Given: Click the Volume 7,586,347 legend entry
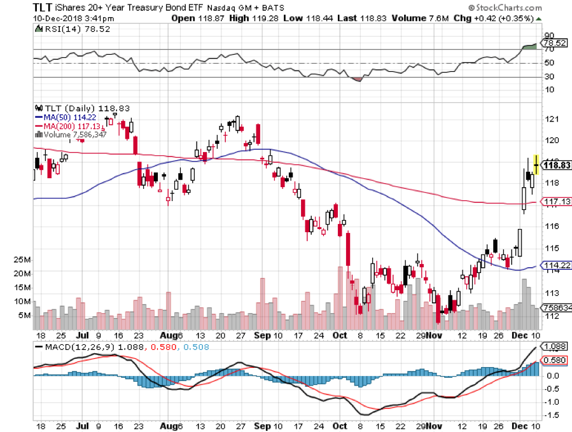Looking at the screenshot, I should (71, 134).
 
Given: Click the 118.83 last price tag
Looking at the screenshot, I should (557, 165).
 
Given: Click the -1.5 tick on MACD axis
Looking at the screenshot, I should (551, 415).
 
